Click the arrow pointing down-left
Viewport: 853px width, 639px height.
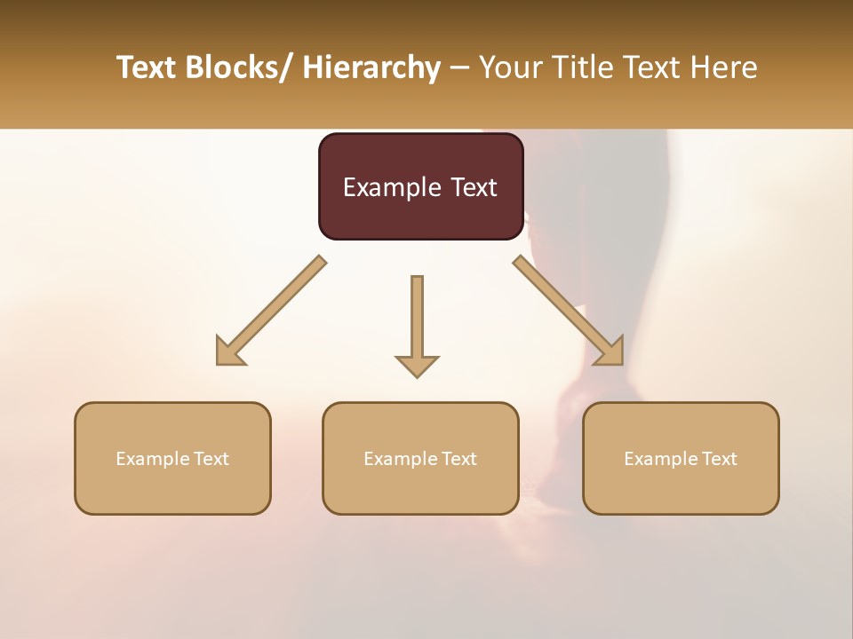271,311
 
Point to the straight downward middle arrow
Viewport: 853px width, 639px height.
417,324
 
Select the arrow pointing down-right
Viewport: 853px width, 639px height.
569,311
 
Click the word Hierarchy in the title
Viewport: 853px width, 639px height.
371,67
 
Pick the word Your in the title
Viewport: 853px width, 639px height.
509,67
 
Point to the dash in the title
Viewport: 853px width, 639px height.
459,68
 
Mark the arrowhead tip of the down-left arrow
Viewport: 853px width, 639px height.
218,364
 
